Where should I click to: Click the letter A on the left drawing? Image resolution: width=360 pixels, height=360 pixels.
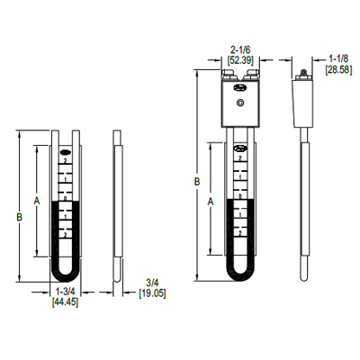(34, 199)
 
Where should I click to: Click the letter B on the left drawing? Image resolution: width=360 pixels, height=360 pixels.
(19, 217)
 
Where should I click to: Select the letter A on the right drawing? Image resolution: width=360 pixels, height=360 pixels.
(210, 202)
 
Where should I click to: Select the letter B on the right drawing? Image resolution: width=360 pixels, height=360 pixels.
(196, 183)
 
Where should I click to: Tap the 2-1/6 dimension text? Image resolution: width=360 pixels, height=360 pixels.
(239, 50)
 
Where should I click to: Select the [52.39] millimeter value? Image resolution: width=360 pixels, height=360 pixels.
(239, 60)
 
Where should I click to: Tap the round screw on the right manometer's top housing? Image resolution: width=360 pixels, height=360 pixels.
(239, 104)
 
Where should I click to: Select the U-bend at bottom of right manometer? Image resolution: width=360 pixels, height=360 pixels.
(239, 271)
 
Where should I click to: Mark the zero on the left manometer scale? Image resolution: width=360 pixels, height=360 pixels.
(65, 198)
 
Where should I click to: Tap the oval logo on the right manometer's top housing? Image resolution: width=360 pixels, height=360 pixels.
(239, 88)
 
